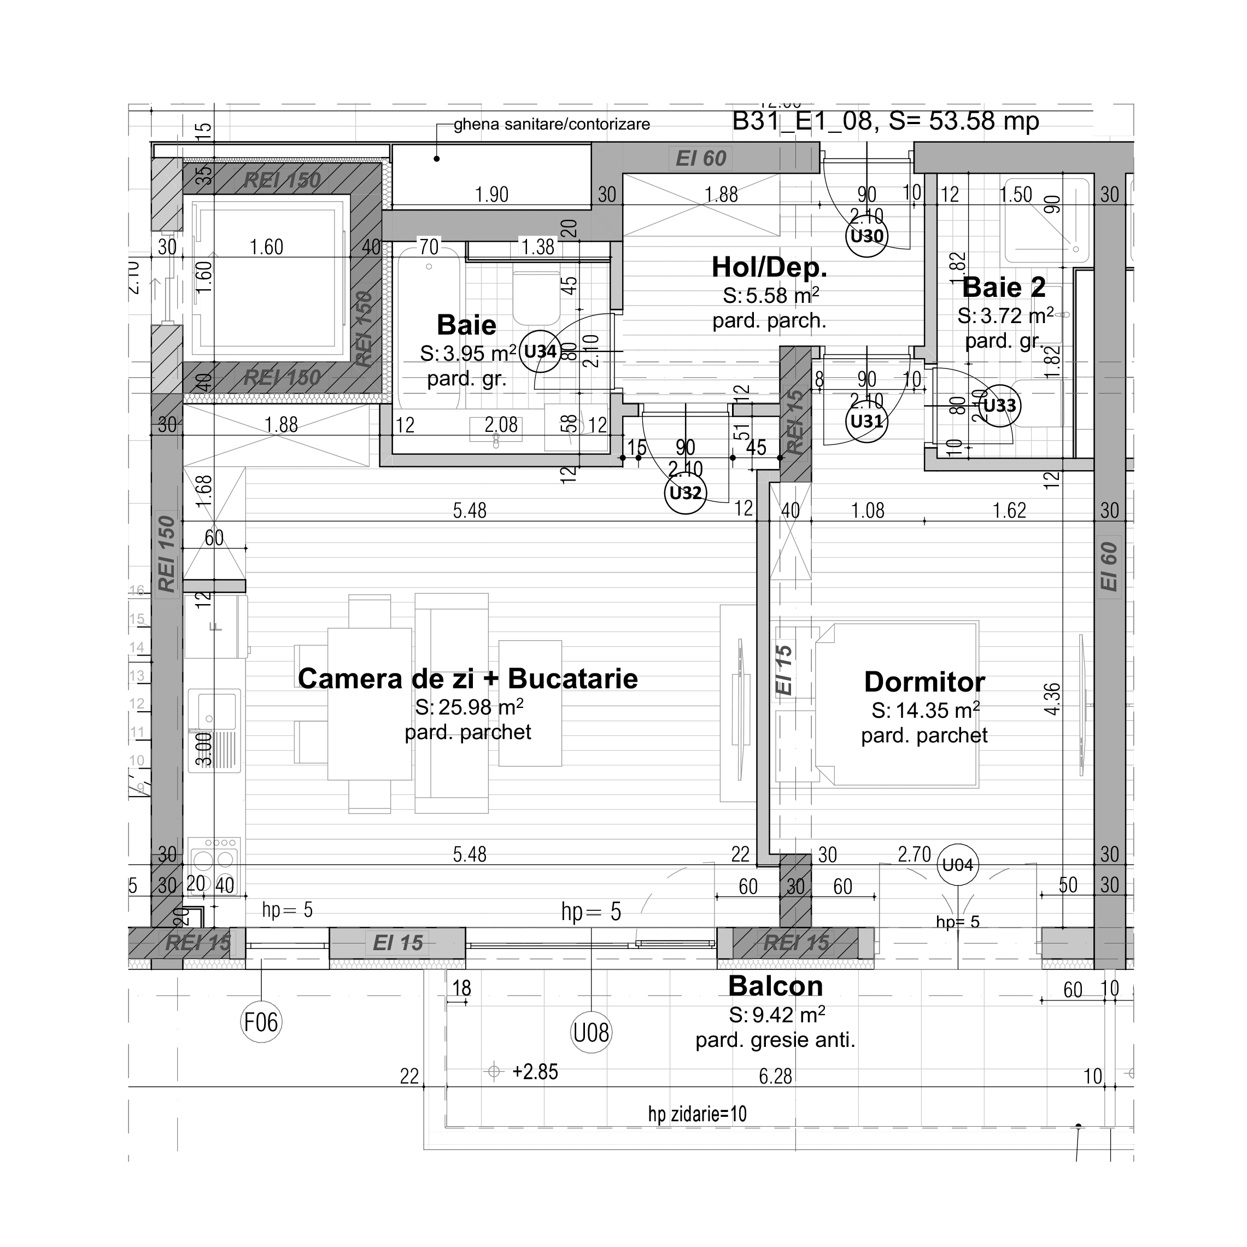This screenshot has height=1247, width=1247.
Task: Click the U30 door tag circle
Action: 866,236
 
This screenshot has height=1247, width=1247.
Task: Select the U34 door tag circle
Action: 540,352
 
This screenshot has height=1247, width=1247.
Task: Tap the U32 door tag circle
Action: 686,493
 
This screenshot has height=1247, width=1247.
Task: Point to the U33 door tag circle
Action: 1000,406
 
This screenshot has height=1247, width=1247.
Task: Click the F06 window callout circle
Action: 261,1022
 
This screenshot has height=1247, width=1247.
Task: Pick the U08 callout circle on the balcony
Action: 591,1033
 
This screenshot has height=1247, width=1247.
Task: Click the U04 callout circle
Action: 957,865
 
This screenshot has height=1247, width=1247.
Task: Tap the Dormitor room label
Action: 924,682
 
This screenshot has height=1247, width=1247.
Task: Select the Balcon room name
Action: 775,986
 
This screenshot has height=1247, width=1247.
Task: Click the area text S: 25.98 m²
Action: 469,707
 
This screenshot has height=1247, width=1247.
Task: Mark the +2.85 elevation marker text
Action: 535,1072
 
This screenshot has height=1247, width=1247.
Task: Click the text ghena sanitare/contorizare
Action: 551,125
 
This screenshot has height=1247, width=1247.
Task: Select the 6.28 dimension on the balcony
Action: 775,1076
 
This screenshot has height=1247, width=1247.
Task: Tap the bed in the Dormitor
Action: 897,704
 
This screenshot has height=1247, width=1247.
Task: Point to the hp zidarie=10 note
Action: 697,1114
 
